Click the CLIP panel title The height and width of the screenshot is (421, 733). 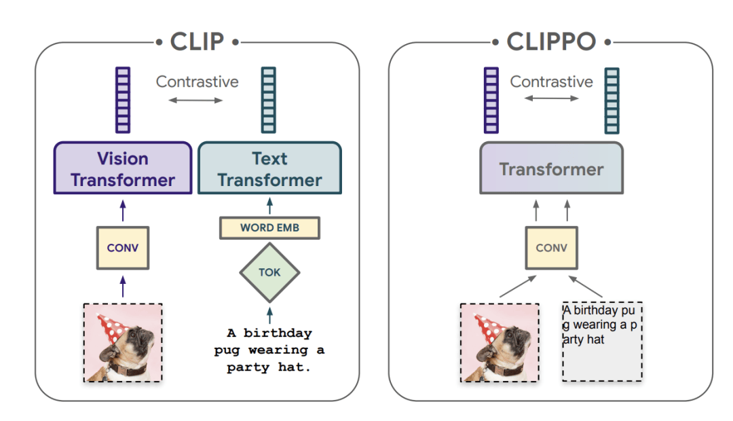pos(197,41)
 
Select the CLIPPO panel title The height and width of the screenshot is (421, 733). pos(551,41)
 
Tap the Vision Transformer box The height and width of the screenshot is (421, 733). pos(123,168)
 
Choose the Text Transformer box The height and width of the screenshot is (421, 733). pos(269,168)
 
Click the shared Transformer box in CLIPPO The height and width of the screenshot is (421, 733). pos(552,168)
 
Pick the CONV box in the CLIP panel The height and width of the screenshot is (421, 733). pos(123,248)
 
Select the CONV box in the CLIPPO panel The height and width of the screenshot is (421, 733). pos(552,248)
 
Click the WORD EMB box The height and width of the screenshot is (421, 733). pos(269,227)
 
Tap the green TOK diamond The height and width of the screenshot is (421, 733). pos(269,272)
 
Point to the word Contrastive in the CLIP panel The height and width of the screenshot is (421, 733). pos(198,82)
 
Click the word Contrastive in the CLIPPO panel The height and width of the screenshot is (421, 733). pos(552,82)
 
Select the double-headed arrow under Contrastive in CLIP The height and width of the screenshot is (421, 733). pos(195,100)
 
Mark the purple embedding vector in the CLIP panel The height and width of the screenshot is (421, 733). pos(123,100)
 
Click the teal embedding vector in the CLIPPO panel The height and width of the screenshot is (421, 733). pos(612,100)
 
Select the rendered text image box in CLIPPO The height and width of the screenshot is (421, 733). pos(602,342)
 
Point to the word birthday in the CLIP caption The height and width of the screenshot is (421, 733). pos(278,333)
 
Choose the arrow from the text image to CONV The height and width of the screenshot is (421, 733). pos(586,287)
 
